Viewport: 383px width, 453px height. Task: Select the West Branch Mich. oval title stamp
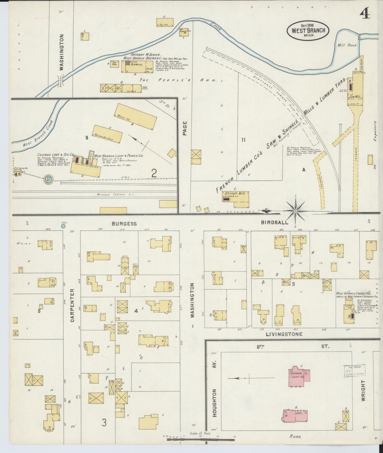pos(308,30)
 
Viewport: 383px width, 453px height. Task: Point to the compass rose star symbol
pos(295,211)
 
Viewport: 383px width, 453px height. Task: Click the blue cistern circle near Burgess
pos(63,226)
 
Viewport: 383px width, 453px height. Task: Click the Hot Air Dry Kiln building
pos(108,134)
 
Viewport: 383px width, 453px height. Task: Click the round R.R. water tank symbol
pos(49,179)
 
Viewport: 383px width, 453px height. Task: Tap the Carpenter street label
pos(72,305)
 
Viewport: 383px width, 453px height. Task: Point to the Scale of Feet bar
pos(201,440)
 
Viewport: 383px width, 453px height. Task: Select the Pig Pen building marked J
pos(165,22)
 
